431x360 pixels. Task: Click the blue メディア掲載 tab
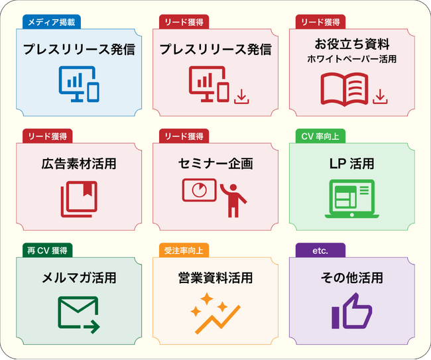(52, 22)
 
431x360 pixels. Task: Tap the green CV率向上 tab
(320, 136)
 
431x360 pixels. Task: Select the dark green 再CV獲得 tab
(47, 251)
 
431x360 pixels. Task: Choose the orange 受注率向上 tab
(184, 251)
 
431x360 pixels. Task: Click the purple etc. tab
(320, 251)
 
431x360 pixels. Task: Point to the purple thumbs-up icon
(352, 311)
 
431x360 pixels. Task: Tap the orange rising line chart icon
(215, 314)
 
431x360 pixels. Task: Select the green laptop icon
(352, 199)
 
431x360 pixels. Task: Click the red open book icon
(344, 90)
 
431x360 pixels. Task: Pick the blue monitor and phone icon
(79, 84)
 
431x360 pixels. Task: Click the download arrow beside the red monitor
(241, 96)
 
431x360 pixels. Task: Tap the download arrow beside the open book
(380, 96)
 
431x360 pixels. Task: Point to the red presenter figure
(233, 200)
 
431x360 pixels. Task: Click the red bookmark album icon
(79, 200)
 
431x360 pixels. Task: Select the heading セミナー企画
(215, 164)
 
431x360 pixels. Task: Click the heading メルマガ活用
(79, 278)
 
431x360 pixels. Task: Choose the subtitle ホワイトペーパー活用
(352, 59)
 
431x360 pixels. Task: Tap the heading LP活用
(352, 164)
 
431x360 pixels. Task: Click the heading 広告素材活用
(79, 164)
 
